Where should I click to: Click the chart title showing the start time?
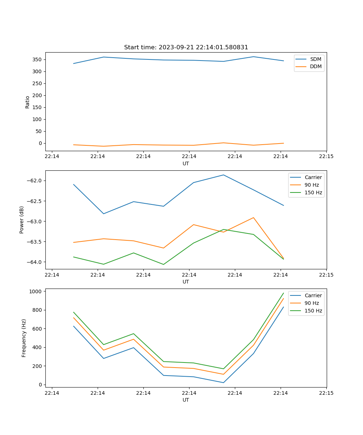(x=186, y=47)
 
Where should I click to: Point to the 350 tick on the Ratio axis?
(x=38, y=59)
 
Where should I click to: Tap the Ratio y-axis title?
(x=28, y=102)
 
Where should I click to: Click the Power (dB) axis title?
(x=22, y=220)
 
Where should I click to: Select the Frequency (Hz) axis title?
(x=24, y=338)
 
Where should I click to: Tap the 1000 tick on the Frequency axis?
(x=36, y=291)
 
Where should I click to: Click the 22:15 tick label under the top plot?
(x=326, y=157)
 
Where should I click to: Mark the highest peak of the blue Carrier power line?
(x=223, y=175)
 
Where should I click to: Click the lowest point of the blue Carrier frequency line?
(x=223, y=382)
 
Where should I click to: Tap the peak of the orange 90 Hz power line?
(x=253, y=217)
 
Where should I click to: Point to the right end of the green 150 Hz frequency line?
(x=284, y=293)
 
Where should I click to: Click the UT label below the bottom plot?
(x=186, y=400)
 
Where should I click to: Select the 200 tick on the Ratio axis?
(x=38, y=95)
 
